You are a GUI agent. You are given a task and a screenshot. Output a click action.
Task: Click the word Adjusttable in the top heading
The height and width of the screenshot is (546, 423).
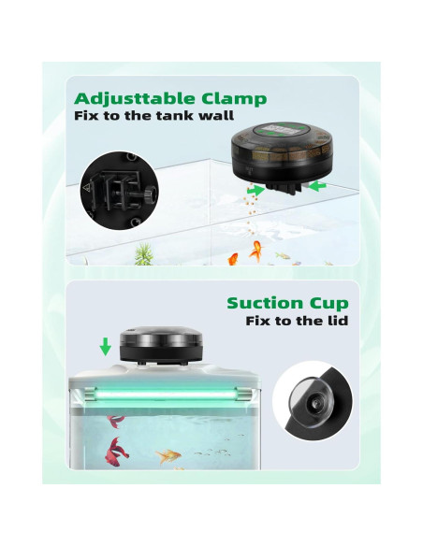[x=136, y=98]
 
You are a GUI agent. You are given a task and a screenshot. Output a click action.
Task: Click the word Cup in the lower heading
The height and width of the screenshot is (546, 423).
[x=328, y=304]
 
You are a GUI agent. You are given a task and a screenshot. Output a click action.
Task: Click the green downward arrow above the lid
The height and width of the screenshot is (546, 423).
[x=105, y=347]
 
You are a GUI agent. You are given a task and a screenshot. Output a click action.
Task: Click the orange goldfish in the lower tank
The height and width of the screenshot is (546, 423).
[x=168, y=456]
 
